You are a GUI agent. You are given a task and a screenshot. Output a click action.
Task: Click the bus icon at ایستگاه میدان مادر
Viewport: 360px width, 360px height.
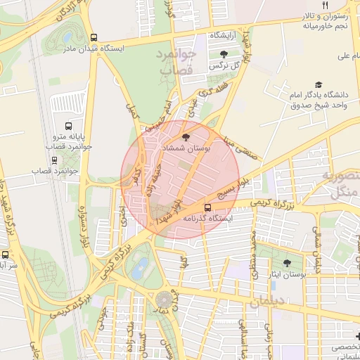94,38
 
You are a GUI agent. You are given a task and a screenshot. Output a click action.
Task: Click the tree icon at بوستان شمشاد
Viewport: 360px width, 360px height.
186,138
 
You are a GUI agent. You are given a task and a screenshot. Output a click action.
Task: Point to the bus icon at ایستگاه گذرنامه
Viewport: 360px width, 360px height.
207,207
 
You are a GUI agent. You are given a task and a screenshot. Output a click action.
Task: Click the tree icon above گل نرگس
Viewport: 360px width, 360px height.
224,54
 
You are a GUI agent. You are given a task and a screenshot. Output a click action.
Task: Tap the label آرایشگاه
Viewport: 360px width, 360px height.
224,34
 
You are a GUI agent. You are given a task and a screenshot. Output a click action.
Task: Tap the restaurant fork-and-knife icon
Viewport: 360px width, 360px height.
325,6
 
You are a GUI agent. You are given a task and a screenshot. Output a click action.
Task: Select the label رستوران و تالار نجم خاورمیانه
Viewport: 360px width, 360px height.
326,21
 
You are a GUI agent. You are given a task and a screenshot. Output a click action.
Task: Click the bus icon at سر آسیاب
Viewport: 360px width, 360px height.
6,255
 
